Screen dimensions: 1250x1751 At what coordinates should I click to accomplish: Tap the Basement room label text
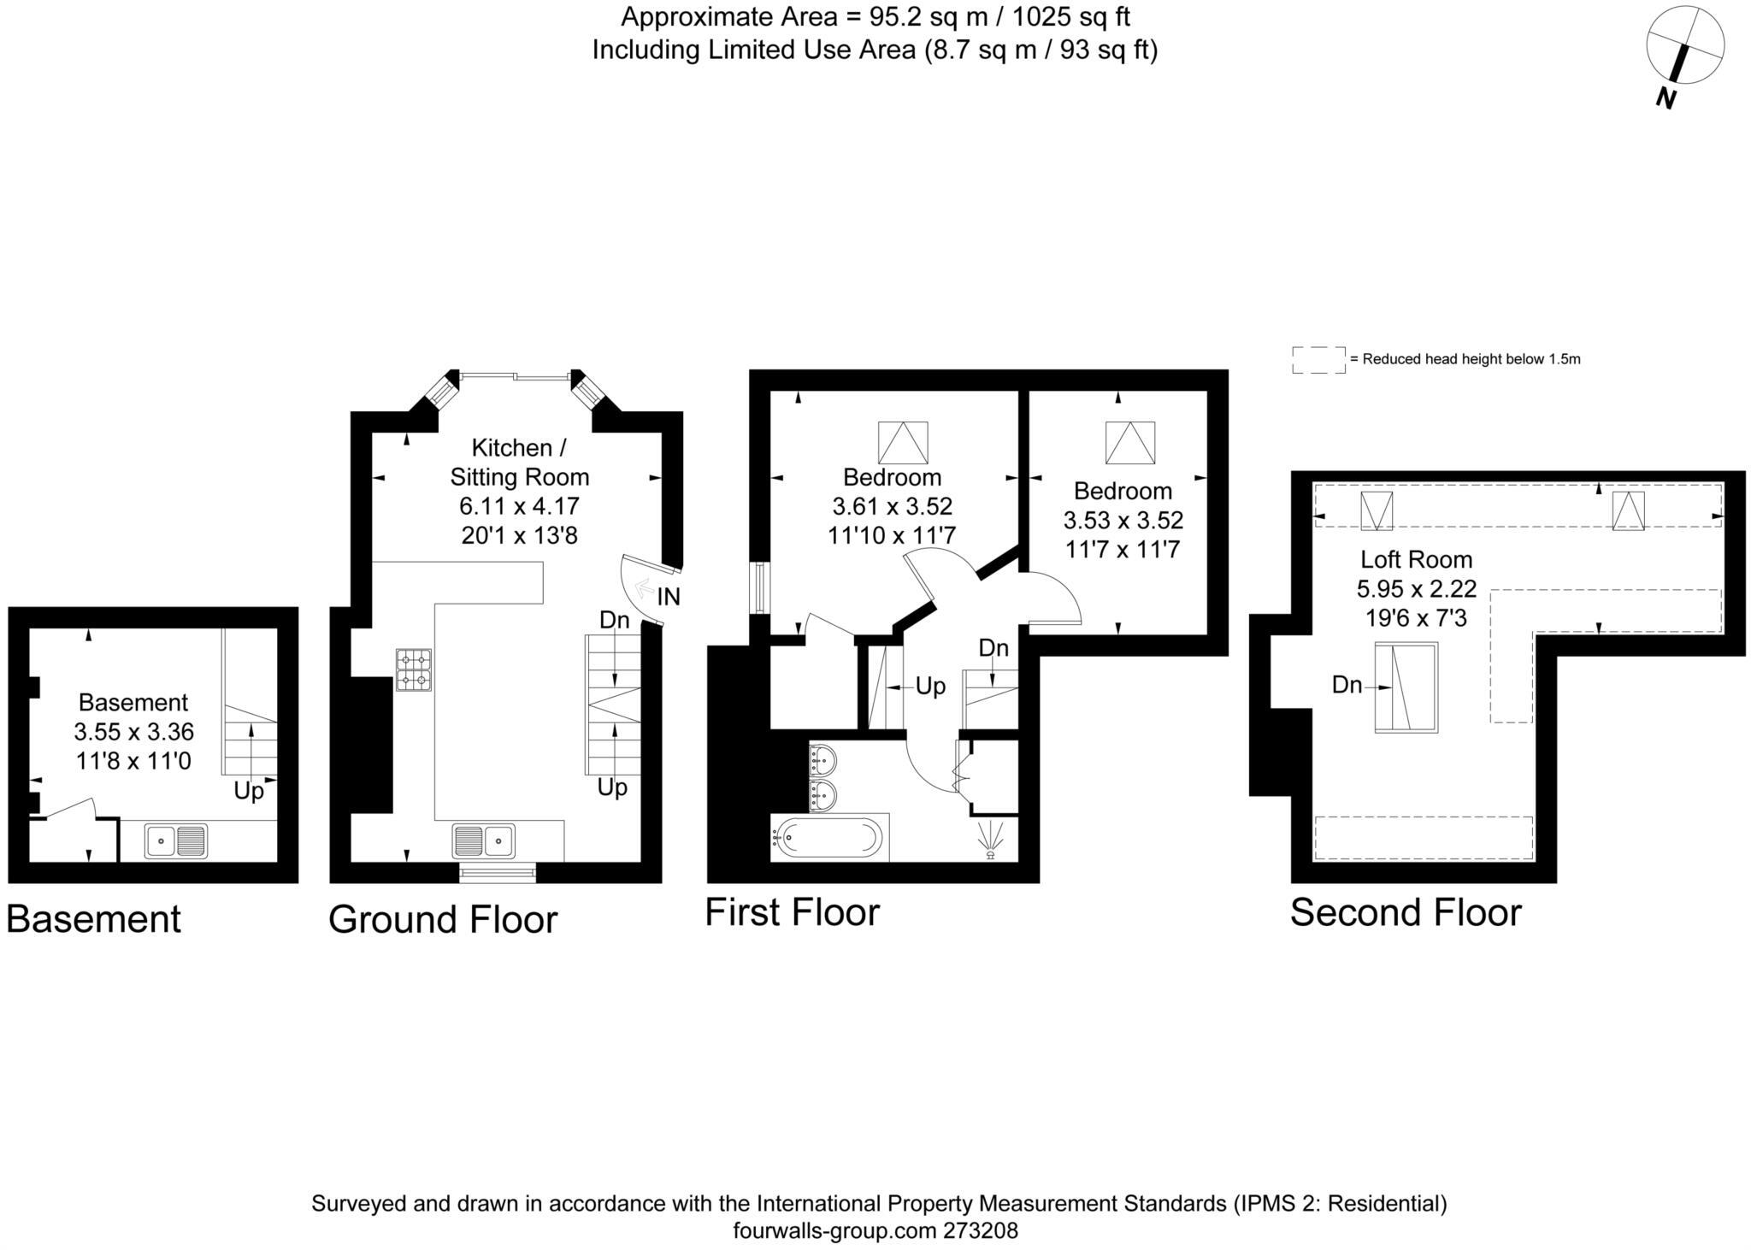point(133,702)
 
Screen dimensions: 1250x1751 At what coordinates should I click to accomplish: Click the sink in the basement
point(175,840)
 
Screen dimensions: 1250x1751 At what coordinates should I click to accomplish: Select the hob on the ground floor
point(414,669)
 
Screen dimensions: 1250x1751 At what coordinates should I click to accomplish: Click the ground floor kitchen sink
point(483,840)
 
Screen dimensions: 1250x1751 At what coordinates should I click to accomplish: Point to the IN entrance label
point(669,597)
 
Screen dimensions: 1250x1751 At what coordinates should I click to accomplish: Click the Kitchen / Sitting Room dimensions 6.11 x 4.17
point(519,506)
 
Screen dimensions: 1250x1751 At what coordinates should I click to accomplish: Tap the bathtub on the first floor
point(827,838)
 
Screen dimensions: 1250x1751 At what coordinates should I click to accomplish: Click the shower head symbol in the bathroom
point(991,840)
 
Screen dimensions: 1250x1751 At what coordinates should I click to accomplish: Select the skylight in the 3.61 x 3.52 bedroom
point(903,443)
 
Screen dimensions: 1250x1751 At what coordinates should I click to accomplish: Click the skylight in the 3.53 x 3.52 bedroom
point(1129,443)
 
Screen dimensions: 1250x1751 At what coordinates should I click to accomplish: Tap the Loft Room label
point(1416,559)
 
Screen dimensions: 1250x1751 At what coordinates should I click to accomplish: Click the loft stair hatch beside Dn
point(1406,687)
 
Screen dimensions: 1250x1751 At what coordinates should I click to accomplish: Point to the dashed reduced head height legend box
point(1318,360)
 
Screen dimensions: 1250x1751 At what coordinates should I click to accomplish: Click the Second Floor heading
point(1405,912)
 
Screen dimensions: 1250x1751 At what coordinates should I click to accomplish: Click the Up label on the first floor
point(930,686)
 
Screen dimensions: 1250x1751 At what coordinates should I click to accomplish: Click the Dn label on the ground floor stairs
point(614,620)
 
